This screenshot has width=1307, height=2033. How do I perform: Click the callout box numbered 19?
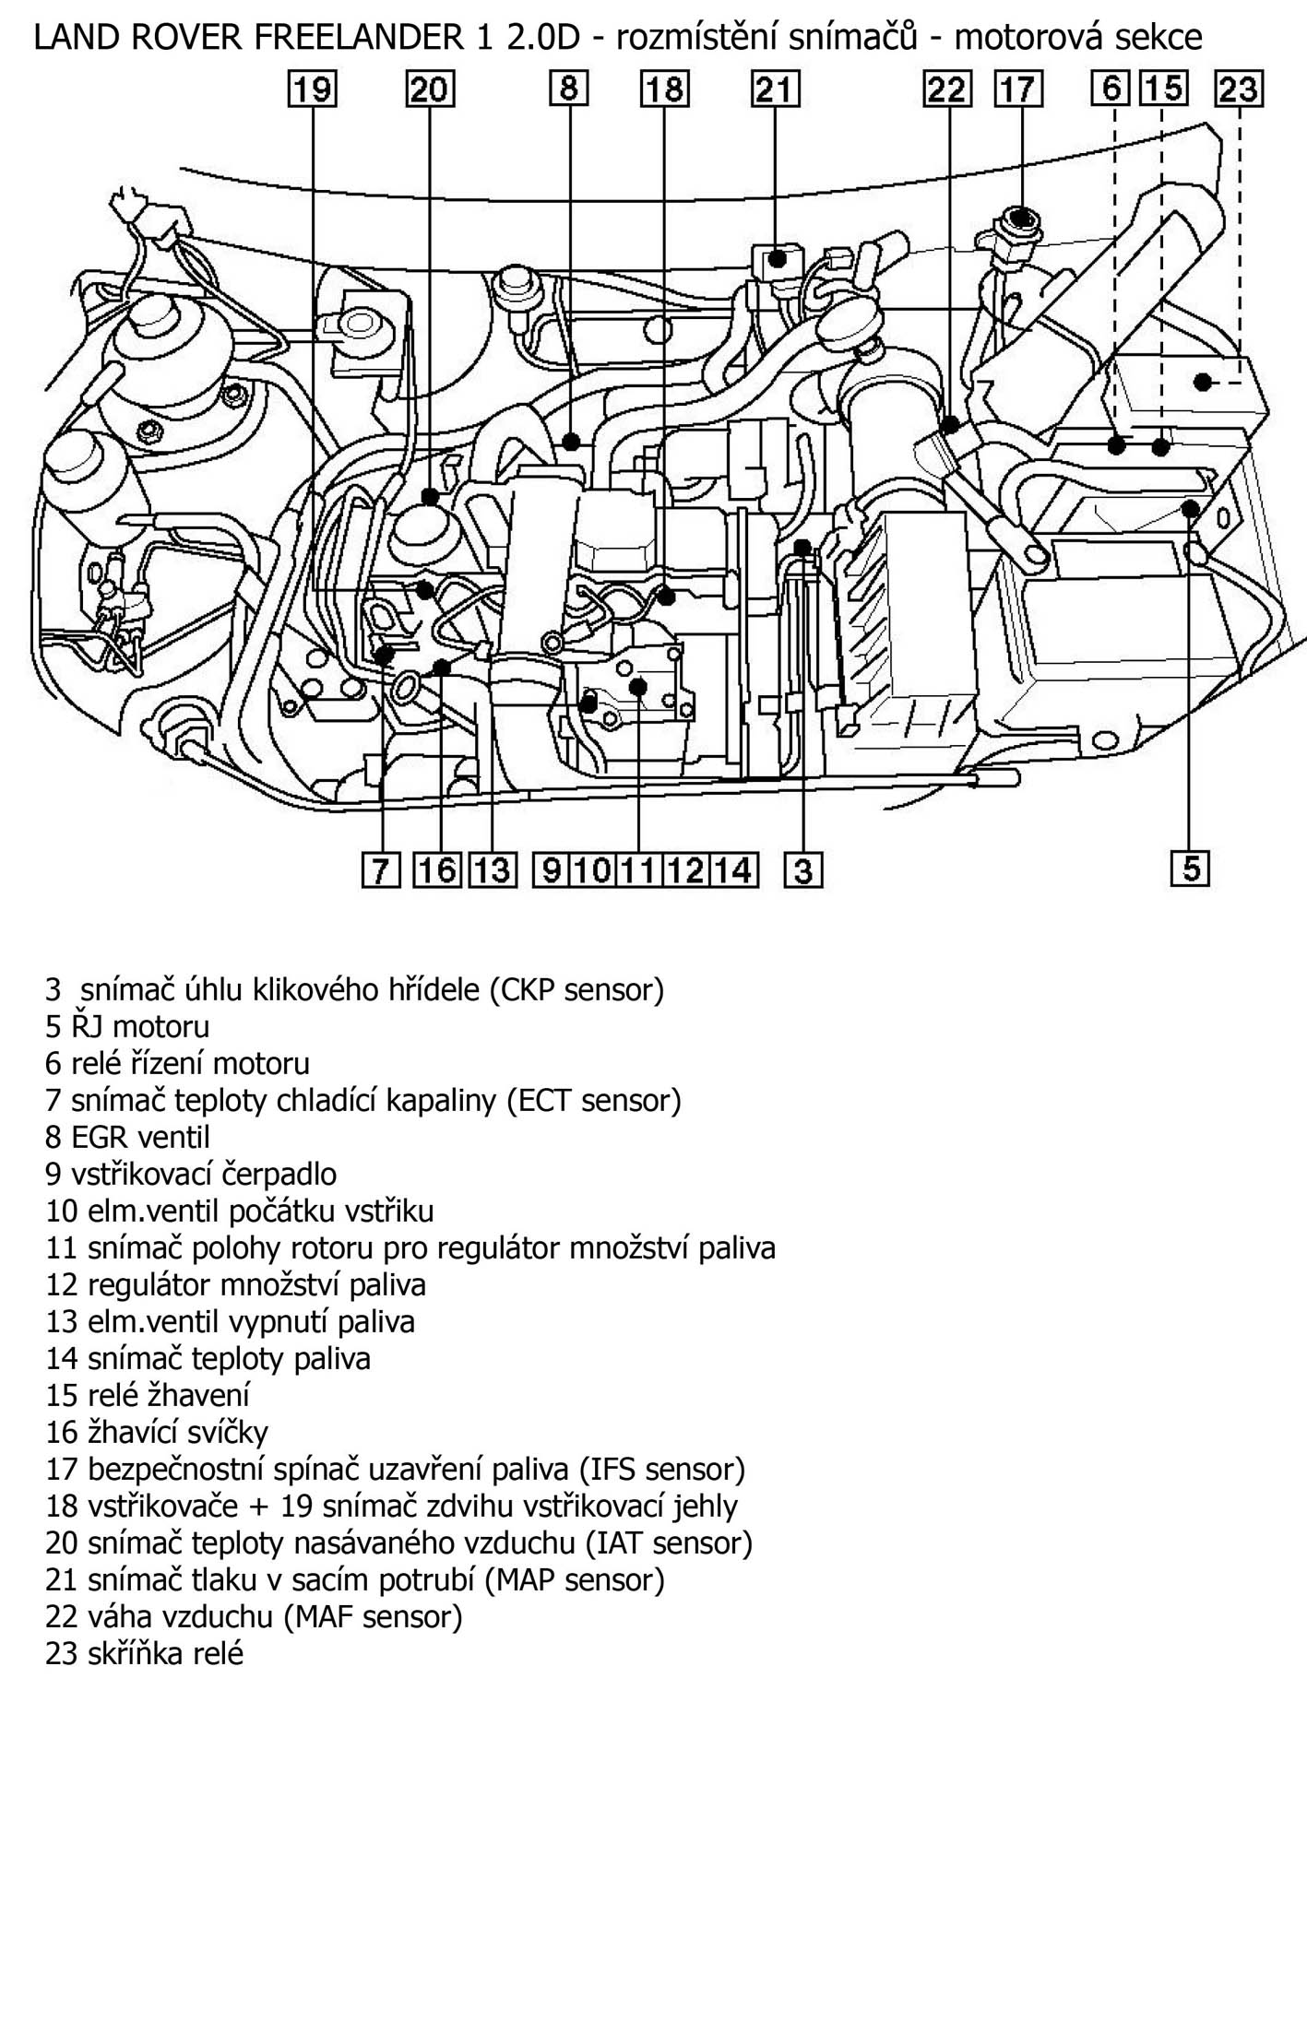(313, 90)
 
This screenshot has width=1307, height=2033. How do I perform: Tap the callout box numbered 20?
(429, 90)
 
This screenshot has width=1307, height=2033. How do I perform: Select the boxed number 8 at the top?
(569, 89)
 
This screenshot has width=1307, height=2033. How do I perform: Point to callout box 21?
(775, 89)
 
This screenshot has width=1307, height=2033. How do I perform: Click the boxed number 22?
(947, 89)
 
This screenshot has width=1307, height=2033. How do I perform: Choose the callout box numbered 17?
(1018, 89)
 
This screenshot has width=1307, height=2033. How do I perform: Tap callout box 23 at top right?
(1239, 89)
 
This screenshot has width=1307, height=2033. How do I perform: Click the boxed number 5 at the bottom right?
(1190, 869)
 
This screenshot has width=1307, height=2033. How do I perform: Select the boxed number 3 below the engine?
(803, 870)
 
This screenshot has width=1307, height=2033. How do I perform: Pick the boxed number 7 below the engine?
(380, 870)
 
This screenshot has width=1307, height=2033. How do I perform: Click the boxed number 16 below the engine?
(438, 870)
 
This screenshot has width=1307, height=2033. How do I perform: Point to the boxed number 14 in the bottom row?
(734, 870)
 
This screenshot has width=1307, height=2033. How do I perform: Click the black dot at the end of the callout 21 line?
(778, 259)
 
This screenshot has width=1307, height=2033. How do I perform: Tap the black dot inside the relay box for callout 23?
(1202, 381)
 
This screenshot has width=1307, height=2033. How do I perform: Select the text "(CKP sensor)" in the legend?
(576, 989)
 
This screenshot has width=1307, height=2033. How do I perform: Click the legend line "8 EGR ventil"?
(127, 1137)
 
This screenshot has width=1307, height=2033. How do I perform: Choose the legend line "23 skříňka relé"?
(144, 1653)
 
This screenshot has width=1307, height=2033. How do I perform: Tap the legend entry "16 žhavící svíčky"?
(157, 1432)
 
